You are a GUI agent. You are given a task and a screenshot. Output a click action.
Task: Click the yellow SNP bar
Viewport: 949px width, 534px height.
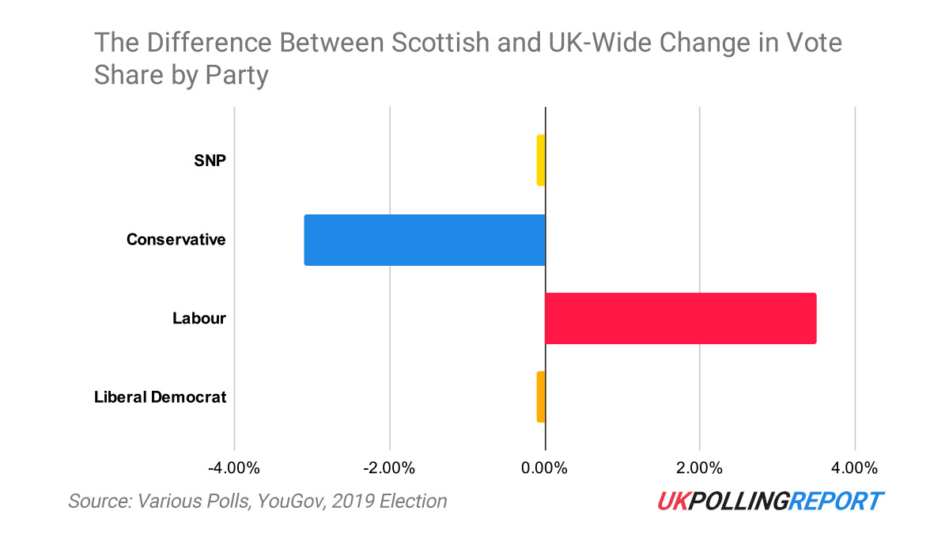coord(541,161)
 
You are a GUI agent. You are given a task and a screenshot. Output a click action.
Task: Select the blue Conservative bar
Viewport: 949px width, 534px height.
coord(425,240)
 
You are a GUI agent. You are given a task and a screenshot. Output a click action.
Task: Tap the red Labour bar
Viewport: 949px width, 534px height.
coord(680,318)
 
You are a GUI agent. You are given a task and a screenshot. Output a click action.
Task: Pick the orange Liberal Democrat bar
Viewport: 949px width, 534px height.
coord(541,396)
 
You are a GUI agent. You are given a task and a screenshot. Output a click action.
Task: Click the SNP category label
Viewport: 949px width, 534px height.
coord(210,161)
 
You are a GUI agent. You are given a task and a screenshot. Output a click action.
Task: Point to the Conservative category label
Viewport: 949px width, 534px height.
coord(176,240)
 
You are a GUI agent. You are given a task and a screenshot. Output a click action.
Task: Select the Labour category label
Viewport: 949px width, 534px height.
coord(199,319)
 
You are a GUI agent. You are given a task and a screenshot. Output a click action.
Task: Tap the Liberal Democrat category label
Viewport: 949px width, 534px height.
coord(161,397)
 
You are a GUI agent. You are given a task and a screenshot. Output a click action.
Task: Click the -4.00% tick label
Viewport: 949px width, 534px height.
coord(234,468)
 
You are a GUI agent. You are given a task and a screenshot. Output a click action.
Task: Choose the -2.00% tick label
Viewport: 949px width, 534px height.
coord(389,468)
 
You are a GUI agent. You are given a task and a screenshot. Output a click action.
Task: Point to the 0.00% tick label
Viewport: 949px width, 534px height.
coord(545,468)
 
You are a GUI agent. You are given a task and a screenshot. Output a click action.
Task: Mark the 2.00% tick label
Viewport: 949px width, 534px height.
coord(699,468)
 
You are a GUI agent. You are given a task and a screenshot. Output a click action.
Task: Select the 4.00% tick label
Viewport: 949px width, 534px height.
coord(854,468)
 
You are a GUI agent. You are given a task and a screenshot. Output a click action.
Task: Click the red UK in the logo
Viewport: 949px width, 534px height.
coord(671,501)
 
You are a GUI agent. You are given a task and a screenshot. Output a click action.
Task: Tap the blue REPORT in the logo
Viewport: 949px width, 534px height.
coord(838,501)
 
